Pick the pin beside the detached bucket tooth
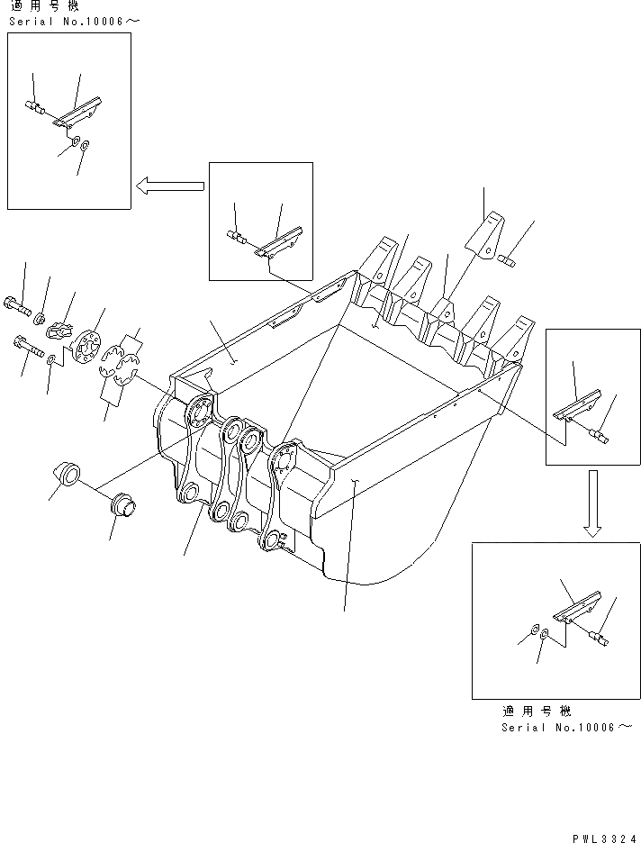coord(507,262)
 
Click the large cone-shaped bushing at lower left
coord(65,470)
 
